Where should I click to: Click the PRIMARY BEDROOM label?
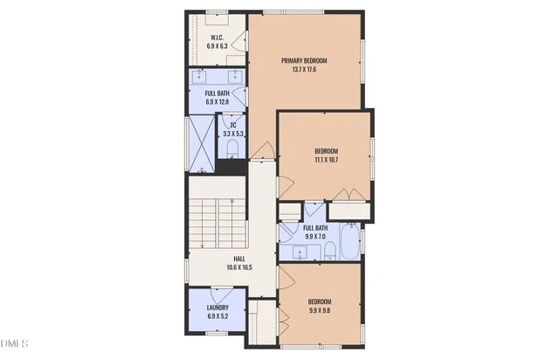[304, 60]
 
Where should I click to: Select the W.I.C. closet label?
[217, 37]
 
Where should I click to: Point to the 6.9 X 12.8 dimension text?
[217, 102]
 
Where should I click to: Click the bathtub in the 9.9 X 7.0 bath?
[350, 245]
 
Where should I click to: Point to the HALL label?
[238, 259]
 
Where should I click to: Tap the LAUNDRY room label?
[217, 308]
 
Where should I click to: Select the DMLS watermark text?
[15, 341]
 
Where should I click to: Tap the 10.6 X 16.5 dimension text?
[238, 267]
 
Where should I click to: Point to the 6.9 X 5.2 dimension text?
[217, 316]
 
